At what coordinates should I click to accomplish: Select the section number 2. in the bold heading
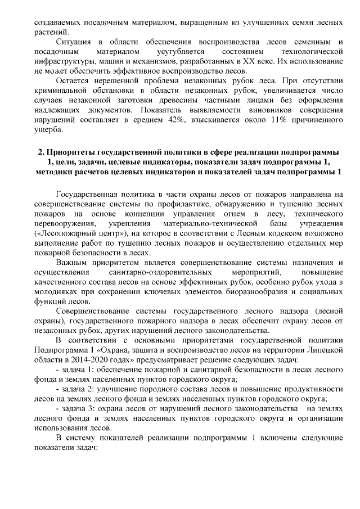(x=41, y=152)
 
